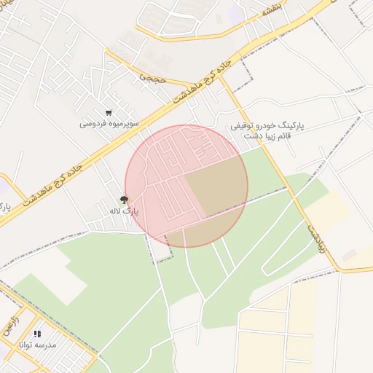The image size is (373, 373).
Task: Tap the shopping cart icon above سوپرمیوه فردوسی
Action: pos(109,113)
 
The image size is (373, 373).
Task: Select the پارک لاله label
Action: pos(124,211)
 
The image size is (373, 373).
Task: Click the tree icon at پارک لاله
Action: pos(125,200)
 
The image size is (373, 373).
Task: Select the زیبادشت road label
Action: pos(316,237)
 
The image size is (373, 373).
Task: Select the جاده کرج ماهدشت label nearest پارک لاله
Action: pos(52,184)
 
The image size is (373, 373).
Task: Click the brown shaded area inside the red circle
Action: pos(215,193)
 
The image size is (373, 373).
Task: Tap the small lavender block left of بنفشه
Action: pos(235,12)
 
